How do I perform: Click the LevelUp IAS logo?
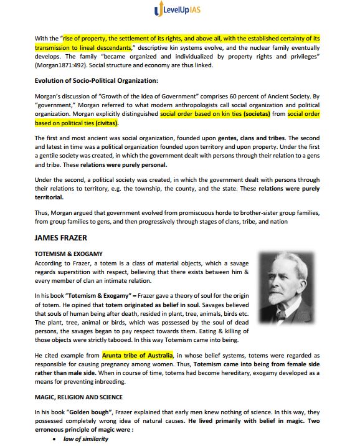(x=179, y=11)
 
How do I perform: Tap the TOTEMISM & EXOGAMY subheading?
(x=69, y=254)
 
